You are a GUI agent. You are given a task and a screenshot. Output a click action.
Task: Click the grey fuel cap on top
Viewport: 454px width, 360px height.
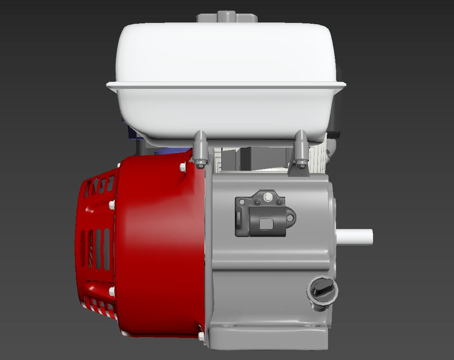click(x=227, y=16)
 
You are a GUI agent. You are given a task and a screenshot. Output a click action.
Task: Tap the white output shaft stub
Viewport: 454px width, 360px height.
click(x=356, y=236)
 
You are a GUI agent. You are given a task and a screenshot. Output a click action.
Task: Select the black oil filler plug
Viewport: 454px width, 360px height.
click(x=322, y=292)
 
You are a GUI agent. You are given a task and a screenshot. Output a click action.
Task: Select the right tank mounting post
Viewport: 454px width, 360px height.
click(x=300, y=145)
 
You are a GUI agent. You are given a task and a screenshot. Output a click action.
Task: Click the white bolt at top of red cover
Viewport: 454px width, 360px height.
click(x=183, y=166)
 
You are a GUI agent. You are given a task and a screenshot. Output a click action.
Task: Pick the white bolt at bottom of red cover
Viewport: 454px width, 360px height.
click(x=201, y=336)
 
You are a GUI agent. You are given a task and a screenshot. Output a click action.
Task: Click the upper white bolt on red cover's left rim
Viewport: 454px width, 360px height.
click(x=112, y=205)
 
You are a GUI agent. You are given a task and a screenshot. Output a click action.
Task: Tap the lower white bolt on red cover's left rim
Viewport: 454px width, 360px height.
click(x=112, y=291)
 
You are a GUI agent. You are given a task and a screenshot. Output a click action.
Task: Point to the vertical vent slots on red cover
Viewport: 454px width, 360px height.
click(x=99, y=247)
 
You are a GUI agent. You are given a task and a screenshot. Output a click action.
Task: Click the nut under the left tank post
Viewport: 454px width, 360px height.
click(x=201, y=164)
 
